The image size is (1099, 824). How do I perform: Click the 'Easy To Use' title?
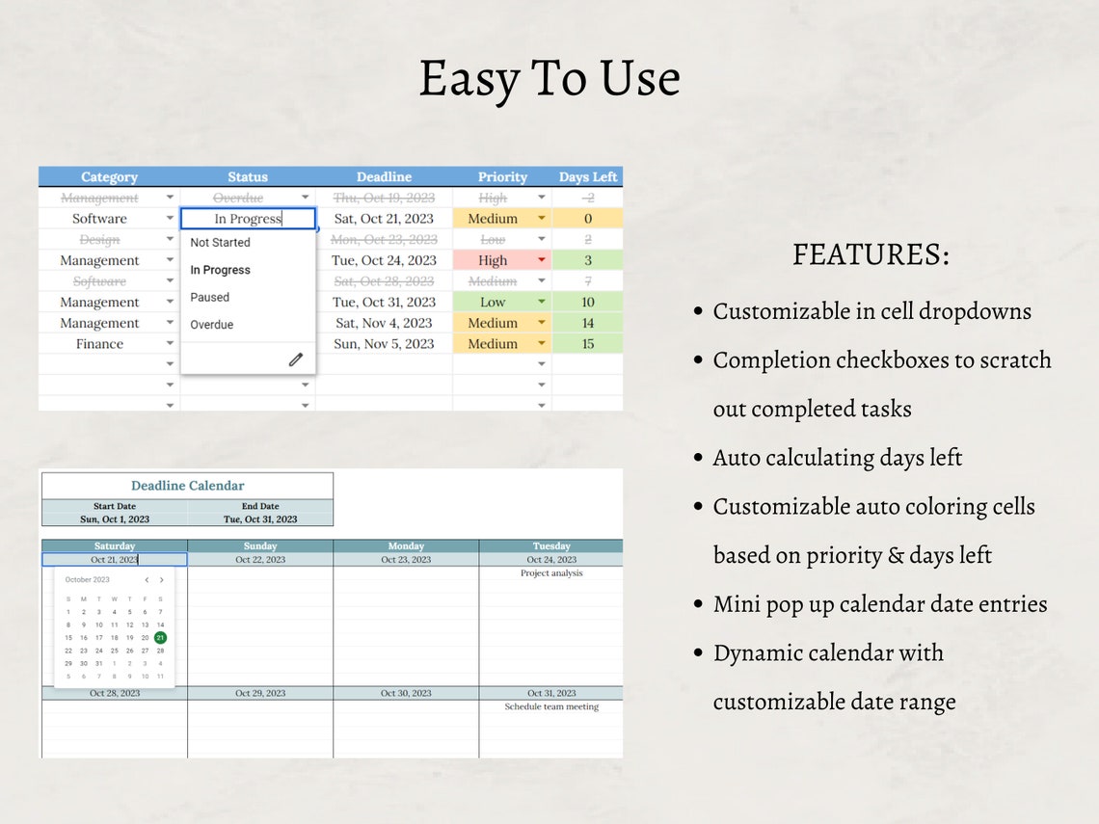[549, 79]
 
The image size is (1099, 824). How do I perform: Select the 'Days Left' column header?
[588, 177]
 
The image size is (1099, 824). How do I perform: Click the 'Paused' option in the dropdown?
[210, 298]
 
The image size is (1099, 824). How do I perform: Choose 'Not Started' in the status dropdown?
[220, 243]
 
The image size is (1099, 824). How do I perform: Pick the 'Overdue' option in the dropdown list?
[212, 325]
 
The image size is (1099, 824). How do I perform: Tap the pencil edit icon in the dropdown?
[296, 359]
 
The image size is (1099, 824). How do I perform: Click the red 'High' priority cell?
[493, 260]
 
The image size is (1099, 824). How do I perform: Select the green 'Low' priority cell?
[493, 303]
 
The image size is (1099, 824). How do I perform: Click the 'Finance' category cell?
[100, 344]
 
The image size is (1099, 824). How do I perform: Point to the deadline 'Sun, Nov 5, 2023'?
[384, 344]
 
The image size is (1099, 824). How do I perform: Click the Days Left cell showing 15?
[588, 344]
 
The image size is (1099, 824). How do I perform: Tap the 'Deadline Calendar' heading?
[188, 486]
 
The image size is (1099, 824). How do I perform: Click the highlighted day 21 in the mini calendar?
[160, 637]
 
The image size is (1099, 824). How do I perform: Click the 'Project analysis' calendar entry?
[551, 573]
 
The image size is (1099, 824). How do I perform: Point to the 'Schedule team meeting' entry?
[551, 707]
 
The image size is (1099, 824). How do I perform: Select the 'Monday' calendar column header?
[406, 546]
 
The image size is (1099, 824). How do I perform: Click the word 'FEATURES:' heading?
[871, 255]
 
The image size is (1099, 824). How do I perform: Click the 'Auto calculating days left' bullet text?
[838, 458]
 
